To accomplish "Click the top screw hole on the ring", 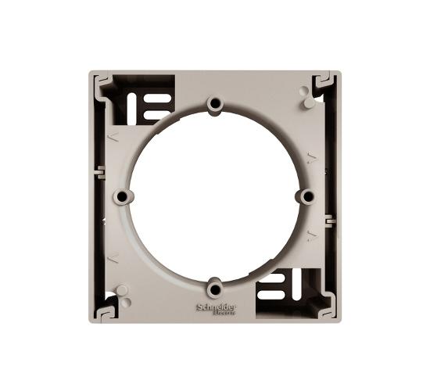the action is (215, 103).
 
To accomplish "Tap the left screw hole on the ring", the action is (122, 196).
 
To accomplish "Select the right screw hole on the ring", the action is (308, 196).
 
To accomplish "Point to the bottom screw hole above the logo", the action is (215, 289).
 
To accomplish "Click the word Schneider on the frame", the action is (217, 307).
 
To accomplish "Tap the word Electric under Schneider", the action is (224, 313).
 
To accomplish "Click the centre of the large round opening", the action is (215, 196).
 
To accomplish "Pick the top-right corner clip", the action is (327, 83).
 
